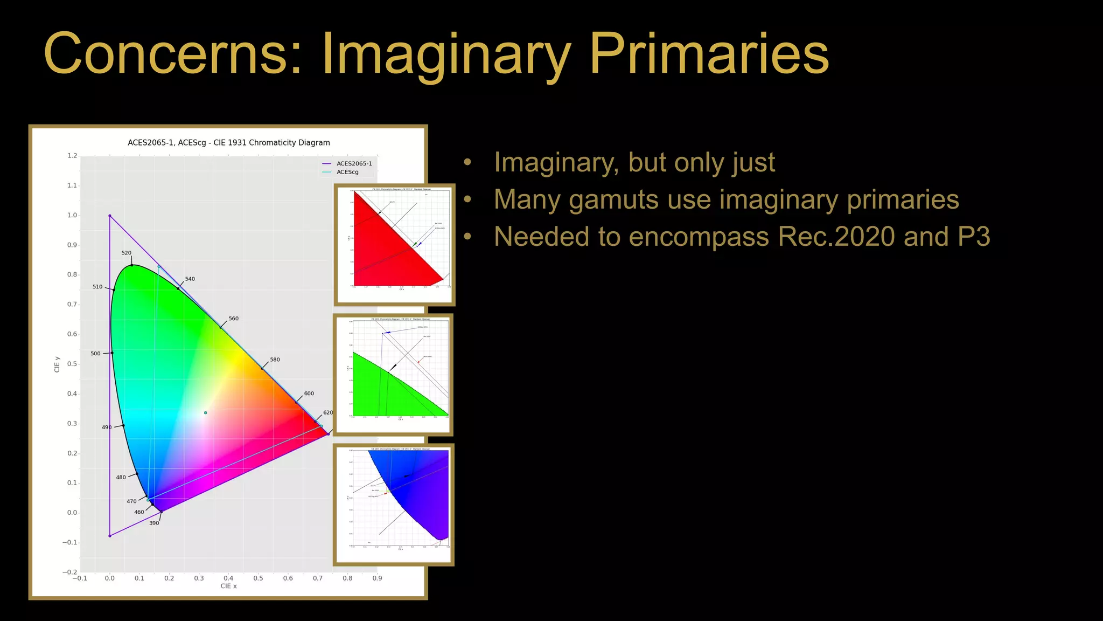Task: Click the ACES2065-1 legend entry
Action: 354,163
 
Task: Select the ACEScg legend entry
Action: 347,172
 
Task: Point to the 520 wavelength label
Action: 126,253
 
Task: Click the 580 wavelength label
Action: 275,360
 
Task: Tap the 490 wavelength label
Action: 107,427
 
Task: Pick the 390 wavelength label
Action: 154,523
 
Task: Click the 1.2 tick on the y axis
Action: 72,156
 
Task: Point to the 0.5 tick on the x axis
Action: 258,578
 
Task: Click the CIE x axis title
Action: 228,586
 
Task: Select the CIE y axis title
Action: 57,364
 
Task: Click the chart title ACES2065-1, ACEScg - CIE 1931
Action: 228,143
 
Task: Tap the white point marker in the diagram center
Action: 205,413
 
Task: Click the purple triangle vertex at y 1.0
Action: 110,216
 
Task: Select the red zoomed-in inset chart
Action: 394,244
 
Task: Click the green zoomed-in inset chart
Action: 393,374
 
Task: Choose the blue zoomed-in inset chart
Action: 394,504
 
